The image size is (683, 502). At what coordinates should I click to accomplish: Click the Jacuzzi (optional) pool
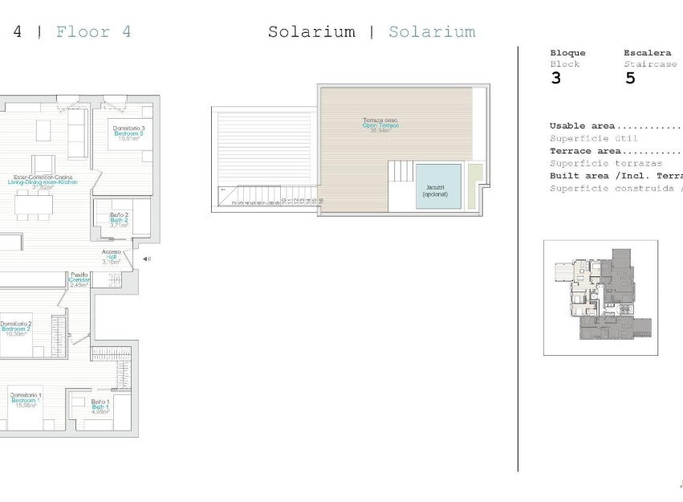pyautogui.click(x=438, y=186)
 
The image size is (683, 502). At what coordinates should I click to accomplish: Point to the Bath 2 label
pyautogui.click(x=120, y=220)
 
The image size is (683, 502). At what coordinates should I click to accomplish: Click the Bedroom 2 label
pyautogui.click(x=16, y=328)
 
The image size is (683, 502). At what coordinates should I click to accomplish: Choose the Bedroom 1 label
pyautogui.click(x=26, y=399)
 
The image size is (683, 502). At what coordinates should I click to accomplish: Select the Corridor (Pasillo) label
pyautogui.click(x=79, y=280)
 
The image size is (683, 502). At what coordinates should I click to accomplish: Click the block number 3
pyautogui.click(x=556, y=79)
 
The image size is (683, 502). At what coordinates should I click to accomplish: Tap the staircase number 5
pyautogui.click(x=630, y=79)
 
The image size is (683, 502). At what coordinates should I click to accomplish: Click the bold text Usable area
pyautogui.click(x=582, y=126)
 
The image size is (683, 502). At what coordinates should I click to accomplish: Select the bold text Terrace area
pyautogui.click(x=585, y=151)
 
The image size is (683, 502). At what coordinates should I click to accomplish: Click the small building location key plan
pyautogui.click(x=600, y=297)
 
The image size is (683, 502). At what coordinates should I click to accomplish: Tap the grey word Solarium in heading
pyautogui.click(x=432, y=32)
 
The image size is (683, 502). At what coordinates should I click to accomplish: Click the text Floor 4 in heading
pyautogui.click(x=93, y=32)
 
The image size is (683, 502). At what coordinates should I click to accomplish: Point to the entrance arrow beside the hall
pyautogui.click(x=146, y=259)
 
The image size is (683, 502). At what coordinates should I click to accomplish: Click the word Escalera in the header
pyautogui.click(x=647, y=53)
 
